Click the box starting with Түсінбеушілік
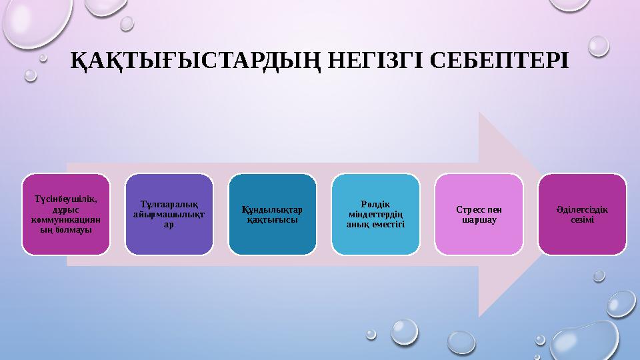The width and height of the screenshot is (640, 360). tap(66, 215)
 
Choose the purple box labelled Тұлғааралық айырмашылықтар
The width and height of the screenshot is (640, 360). tap(169, 215)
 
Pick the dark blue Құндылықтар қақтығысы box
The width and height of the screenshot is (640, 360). tap(273, 215)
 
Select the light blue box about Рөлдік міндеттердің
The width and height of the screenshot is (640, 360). tap(376, 215)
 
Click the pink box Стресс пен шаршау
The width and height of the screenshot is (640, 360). tap(479, 215)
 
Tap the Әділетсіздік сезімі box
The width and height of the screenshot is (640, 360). tap(582, 215)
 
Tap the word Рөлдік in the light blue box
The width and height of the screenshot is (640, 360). tap(376, 203)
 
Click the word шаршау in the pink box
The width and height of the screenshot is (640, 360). tap(479, 220)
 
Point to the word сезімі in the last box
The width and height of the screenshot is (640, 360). tap(582, 220)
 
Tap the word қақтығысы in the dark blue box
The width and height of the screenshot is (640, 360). tap(273, 220)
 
